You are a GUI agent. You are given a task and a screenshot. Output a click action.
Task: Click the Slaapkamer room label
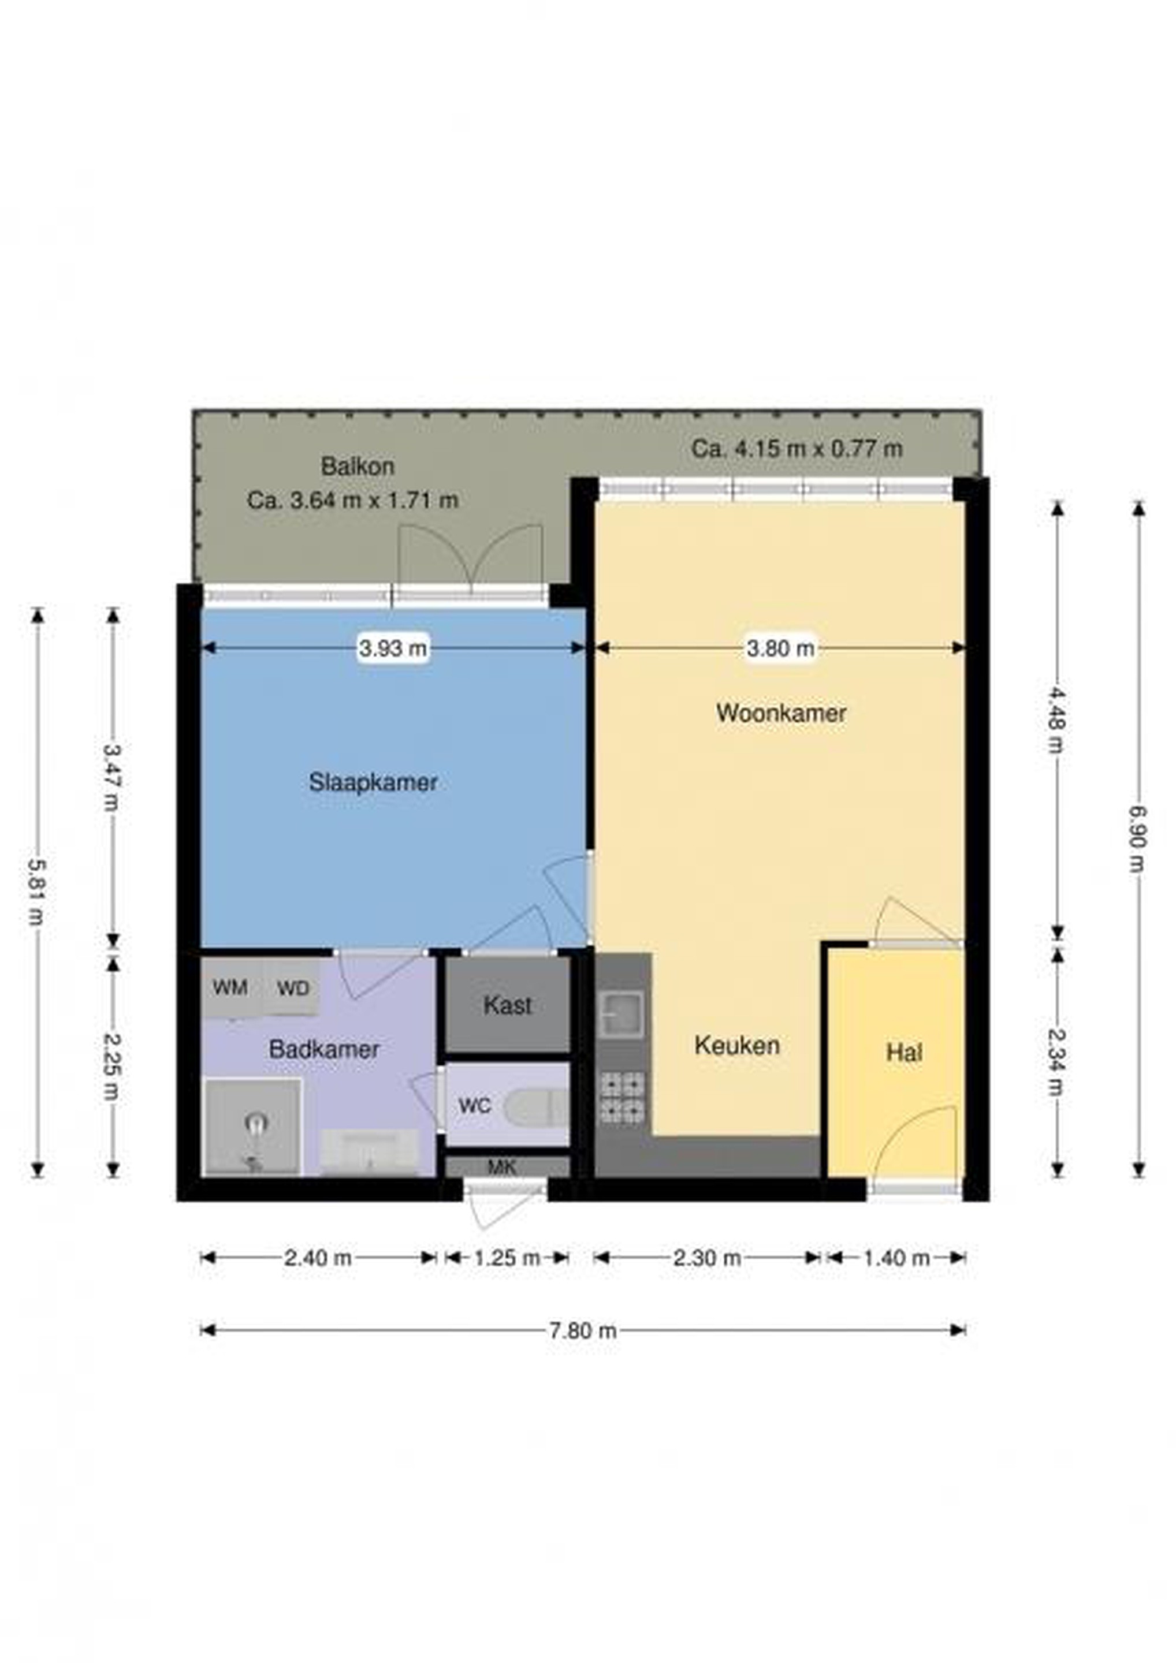pos(373,782)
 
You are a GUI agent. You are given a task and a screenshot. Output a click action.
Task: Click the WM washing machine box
pos(230,988)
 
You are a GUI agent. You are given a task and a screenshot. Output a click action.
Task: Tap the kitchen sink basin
pos(622,1014)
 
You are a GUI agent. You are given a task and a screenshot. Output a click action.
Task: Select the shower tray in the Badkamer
pos(253,1127)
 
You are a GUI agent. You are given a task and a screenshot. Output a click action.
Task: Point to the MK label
pos(501,1167)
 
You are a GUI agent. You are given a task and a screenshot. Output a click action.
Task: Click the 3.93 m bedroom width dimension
pos(393,647)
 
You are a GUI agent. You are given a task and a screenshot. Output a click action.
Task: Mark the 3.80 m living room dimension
pos(780,647)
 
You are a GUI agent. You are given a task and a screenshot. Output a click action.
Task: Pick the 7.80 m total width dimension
pos(583,1330)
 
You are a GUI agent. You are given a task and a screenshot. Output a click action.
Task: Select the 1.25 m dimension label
pos(507,1258)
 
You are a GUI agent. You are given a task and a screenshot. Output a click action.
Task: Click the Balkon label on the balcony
pos(358,467)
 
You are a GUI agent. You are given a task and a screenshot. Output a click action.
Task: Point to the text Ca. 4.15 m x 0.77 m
pos(797,449)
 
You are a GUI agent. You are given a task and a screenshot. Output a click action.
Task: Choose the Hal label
pos(905,1053)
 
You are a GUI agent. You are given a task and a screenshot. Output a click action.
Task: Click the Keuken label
pos(737,1045)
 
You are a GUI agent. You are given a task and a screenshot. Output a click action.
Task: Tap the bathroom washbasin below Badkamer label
pos(370,1151)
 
